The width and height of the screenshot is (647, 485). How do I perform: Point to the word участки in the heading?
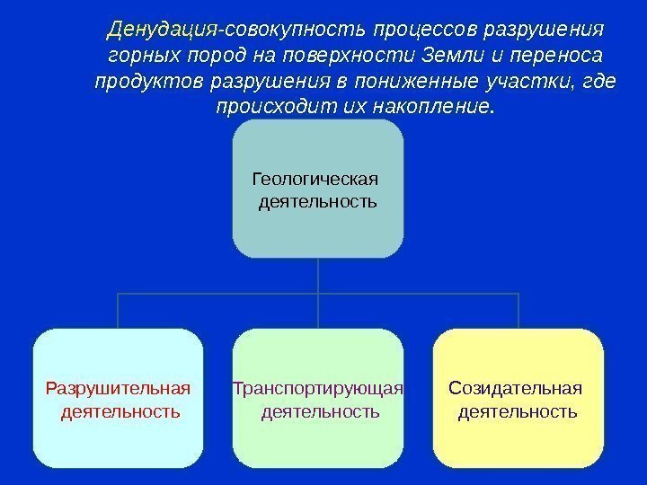[x=521, y=83]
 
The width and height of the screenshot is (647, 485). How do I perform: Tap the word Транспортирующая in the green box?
[x=318, y=389]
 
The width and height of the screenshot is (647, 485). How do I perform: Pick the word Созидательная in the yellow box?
[x=515, y=389]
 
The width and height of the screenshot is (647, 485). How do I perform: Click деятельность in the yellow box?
[x=518, y=412]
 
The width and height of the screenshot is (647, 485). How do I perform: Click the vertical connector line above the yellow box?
[x=519, y=311]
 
